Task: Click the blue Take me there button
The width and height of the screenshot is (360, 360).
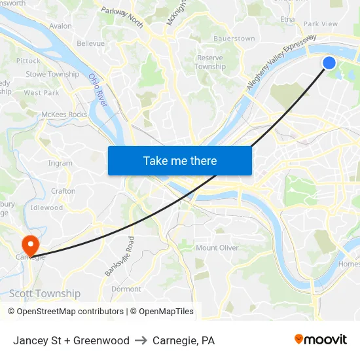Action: (x=179, y=160)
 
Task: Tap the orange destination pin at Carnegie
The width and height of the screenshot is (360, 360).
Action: (x=30, y=245)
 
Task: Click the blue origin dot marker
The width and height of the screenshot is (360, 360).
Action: (x=329, y=62)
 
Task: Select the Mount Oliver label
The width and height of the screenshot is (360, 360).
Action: (x=217, y=248)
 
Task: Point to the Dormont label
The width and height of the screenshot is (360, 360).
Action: (x=126, y=289)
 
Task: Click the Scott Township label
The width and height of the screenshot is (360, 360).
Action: (x=45, y=294)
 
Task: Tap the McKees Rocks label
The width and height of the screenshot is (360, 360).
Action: (x=64, y=115)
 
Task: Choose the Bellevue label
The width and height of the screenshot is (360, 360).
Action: (x=90, y=43)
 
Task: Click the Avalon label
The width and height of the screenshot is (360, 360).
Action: (x=60, y=26)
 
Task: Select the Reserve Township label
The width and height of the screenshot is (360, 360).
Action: (x=209, y=62)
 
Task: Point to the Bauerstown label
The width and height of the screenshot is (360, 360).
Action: (x=234, y=39)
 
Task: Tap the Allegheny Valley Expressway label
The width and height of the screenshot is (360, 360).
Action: (x=281, y=63)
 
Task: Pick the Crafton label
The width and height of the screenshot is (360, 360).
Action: (x=63, y=191)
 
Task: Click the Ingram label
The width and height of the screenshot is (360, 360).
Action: (x=60, y=163)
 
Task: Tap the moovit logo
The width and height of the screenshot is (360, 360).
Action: (x=320, y=340)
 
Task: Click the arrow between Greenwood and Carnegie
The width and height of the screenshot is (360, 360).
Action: (x=141, y=340)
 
